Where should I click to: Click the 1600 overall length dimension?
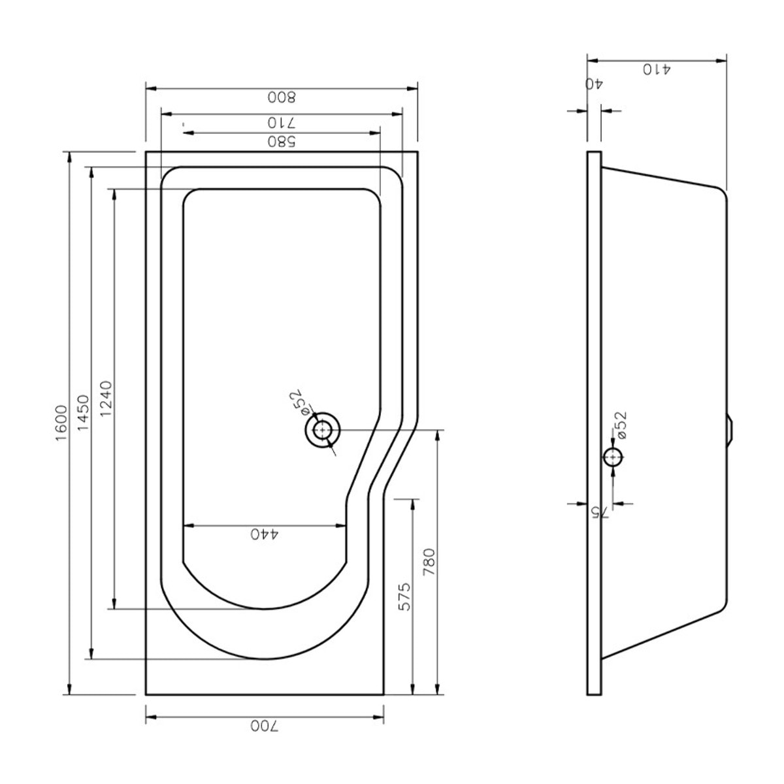click(x=60, y=423)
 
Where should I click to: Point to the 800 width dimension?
click(x=282, y=97)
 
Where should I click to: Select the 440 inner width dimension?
click(x=265, y=534)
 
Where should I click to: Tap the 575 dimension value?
click(x=405, y=596)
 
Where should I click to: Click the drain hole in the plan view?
click(x=322, y=431)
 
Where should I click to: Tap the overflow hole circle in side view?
click(x=612, y=457)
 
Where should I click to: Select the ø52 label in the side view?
click(x=621, y=425)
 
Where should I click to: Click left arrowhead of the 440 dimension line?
click(x=187, y=525)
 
